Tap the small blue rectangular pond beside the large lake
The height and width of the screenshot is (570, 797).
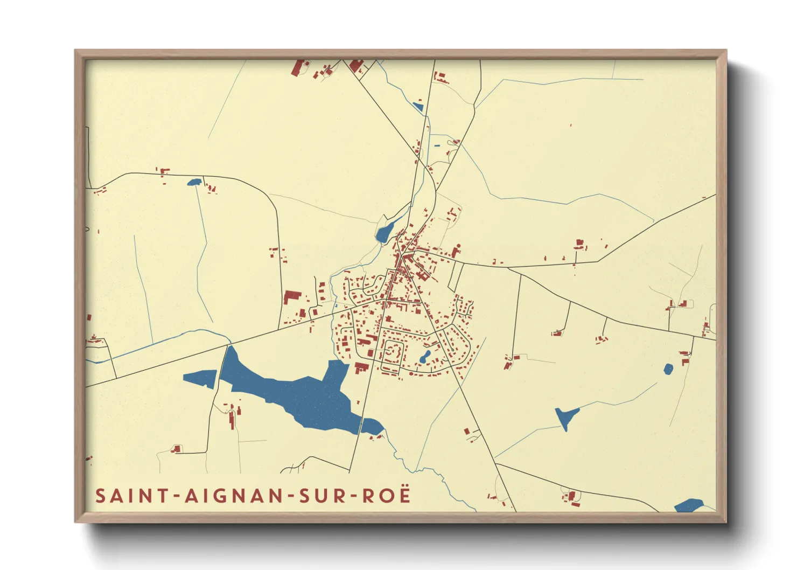[200, 379]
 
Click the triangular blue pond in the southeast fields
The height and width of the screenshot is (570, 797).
[565, 416]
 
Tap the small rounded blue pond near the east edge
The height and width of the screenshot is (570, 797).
[668, 369]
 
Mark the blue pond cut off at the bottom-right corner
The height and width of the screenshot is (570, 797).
[688, 506]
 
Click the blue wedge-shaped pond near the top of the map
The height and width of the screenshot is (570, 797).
[417, 107]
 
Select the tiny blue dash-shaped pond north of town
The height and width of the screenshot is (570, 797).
[437, 145]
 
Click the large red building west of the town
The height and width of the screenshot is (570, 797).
[291, 296]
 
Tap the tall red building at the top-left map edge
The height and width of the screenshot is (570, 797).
[297, 68]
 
